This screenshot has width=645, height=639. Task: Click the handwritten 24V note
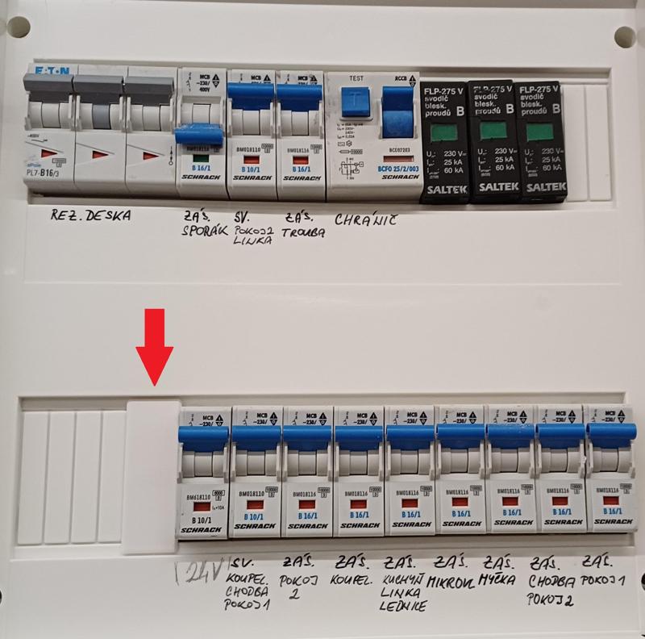point(200,574)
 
